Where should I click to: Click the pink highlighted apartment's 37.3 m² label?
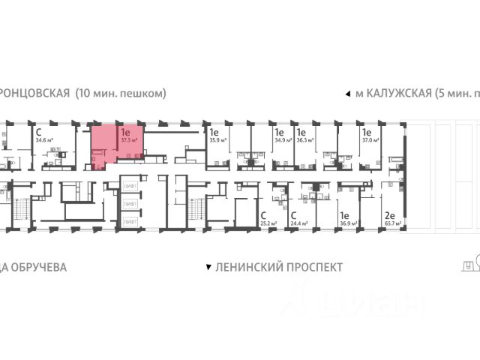pos(127,139)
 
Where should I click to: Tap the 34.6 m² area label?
pos(44,139)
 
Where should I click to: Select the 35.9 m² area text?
pos(218,139)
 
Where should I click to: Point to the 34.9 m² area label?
pos(283,139)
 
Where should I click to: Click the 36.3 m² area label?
pos(304,139)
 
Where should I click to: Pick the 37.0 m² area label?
pos(370,139)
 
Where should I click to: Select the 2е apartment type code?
pos(390,214)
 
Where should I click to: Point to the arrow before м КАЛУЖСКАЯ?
pos(346,94)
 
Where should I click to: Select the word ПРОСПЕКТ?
pos(310,267)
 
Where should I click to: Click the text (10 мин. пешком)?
pos(120,94)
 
